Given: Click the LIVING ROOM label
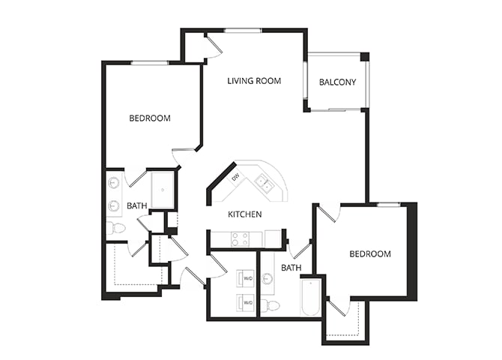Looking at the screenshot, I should pyautogui.click(x=254, y=80).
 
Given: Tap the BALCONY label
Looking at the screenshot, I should pyautogui.click(x=337, y=82).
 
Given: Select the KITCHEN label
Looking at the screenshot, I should pyautogui.click(x=245, y=214).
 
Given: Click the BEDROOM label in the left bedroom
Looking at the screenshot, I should pyautogui.click(x=150, y=118).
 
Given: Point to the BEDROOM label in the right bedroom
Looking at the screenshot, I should pyautogui.click(x=370, y=254).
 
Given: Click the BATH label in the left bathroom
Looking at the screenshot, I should pyautogui.click(x=137, y=205).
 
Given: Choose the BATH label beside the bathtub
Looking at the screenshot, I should pyautogui.click(x=291, y=267).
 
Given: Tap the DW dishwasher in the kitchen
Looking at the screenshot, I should pyautogui.click(x=235, y=177).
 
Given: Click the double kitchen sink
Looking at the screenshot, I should pyautogui.click(x=262, y=181).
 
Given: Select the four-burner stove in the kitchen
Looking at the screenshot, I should pyautogui.click(x=240, y=239).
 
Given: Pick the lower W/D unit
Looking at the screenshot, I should pyautogui.click(x=247, y=302).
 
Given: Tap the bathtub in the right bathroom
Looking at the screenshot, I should pyautogui.click(x=311, y=297).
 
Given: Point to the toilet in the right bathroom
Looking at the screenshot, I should pyautogui.click(x=270, y=305).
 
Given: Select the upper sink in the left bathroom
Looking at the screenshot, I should pyautogui.click(x=114, y=181).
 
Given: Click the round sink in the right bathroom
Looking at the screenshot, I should pyautogui.click(x=267, y=279).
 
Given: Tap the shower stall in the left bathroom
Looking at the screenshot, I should pyautogui.click(x=163, y=190).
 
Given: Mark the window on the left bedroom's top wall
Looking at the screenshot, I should pyautogui.click(x=150, y=63).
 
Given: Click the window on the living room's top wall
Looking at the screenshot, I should pyautogui.click(x=242, y=30).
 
